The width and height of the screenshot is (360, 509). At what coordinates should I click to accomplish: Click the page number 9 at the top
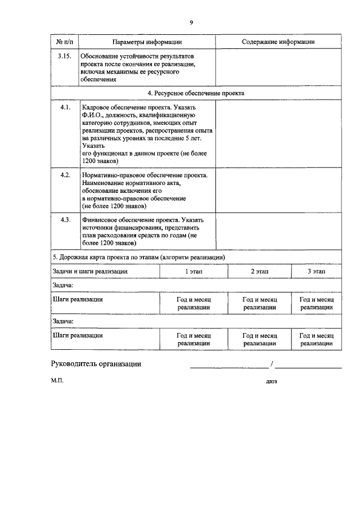(x=191, y=22)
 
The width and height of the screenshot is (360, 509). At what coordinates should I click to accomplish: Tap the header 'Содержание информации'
(x=278, y=42)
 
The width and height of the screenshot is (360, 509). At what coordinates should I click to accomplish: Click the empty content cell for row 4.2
(x=278, y=191)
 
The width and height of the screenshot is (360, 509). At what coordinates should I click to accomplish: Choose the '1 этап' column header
(x=193, y=271)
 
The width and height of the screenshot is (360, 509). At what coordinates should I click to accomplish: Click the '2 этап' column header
(x=259, y=271)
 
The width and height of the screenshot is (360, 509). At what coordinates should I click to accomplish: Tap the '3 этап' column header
(x=316, y=271)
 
